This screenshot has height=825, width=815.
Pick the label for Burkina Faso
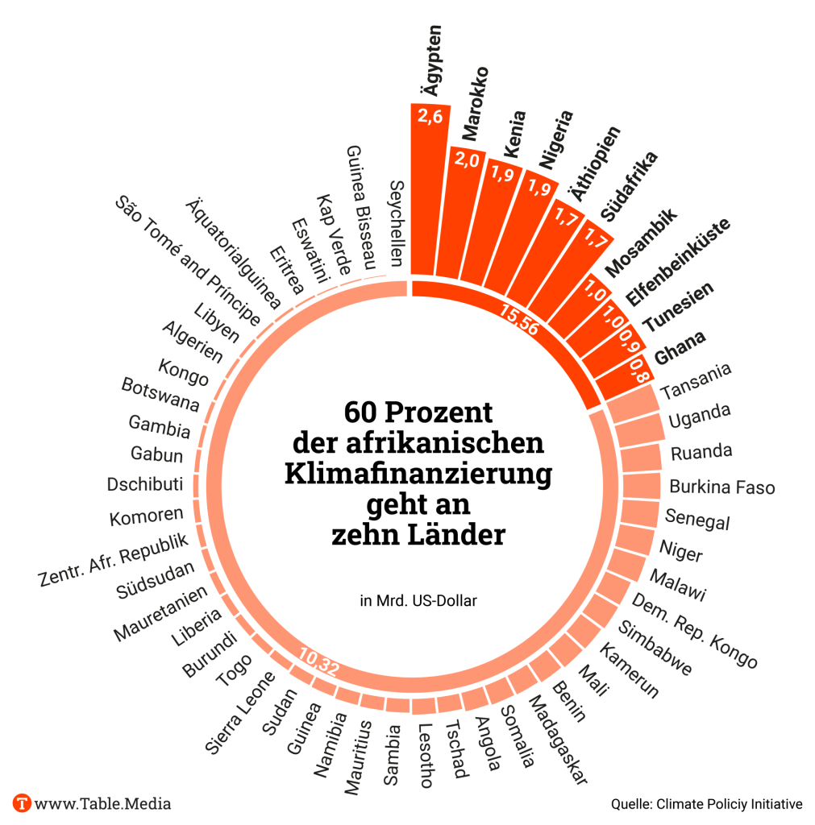721,487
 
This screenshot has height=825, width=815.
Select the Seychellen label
397,222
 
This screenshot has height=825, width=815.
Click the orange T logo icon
23,803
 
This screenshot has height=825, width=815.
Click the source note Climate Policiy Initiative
706,803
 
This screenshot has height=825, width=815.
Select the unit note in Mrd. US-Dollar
414,600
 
